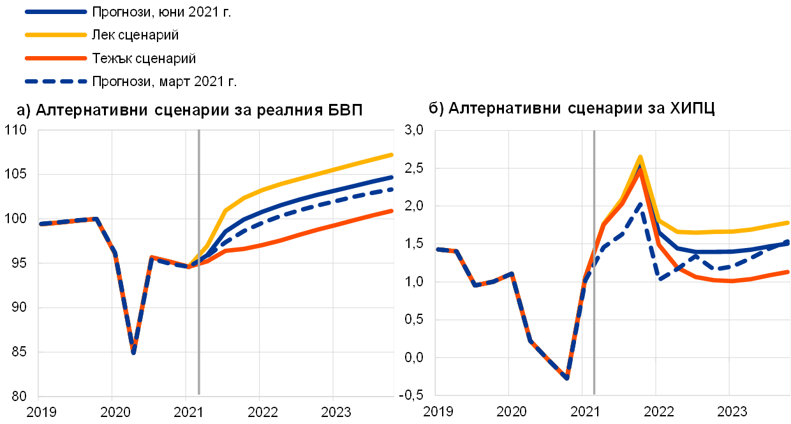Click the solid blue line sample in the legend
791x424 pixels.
tap(56, 11)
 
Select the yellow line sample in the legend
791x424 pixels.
tap(56, 34)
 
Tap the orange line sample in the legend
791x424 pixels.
tap(56, 58)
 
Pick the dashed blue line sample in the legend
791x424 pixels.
tap(56, 82)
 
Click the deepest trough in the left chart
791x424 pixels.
tap(133, 352)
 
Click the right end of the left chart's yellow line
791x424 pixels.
tap(392, 154)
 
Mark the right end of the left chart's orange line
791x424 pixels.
tap(392, 210)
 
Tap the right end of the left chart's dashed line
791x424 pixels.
tap(392, 189)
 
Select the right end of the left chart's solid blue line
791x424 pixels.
tap(392, 177)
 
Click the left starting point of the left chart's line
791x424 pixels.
tap(40, 224)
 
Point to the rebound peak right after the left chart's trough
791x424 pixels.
tap(151, 257)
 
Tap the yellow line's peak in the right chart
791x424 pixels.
tap(640, 156)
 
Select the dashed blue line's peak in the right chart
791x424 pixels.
tap(640, 204)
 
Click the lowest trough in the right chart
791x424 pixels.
tap(566, 378)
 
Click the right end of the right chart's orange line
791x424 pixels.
tap(788, 272)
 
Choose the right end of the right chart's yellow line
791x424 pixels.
tap(788, 223)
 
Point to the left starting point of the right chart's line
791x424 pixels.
tap(437, 249)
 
